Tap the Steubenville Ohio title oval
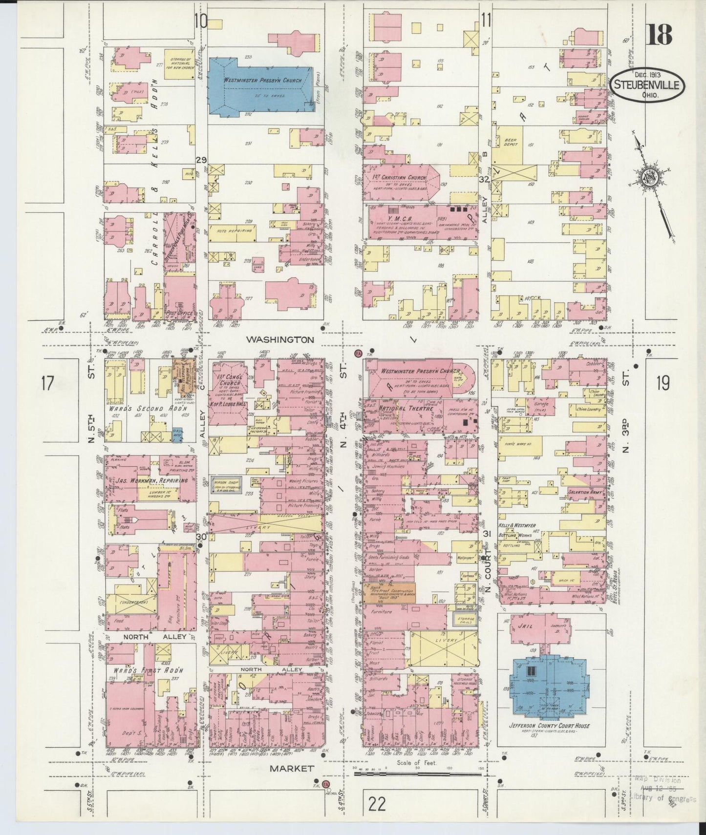point(647,85)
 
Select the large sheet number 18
point(659,34)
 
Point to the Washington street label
point(279,339)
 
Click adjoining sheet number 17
point(47,383)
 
